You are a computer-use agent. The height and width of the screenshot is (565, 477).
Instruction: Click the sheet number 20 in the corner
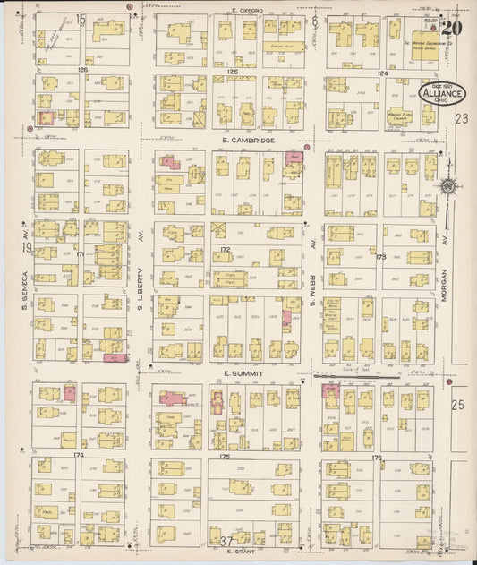tap(451, 28)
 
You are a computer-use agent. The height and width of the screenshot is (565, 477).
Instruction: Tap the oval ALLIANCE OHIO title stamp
tap(440, 93)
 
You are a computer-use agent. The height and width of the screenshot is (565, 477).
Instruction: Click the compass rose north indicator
tap(448, 186)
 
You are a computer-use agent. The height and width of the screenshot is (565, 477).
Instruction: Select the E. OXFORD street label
tap(245, 10)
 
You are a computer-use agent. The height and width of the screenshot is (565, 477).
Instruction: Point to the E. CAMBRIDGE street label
tap(243, 141)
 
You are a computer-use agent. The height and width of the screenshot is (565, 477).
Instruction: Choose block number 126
tap(83, 69)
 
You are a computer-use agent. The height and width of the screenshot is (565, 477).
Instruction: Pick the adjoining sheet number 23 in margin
tap(462, 117)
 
